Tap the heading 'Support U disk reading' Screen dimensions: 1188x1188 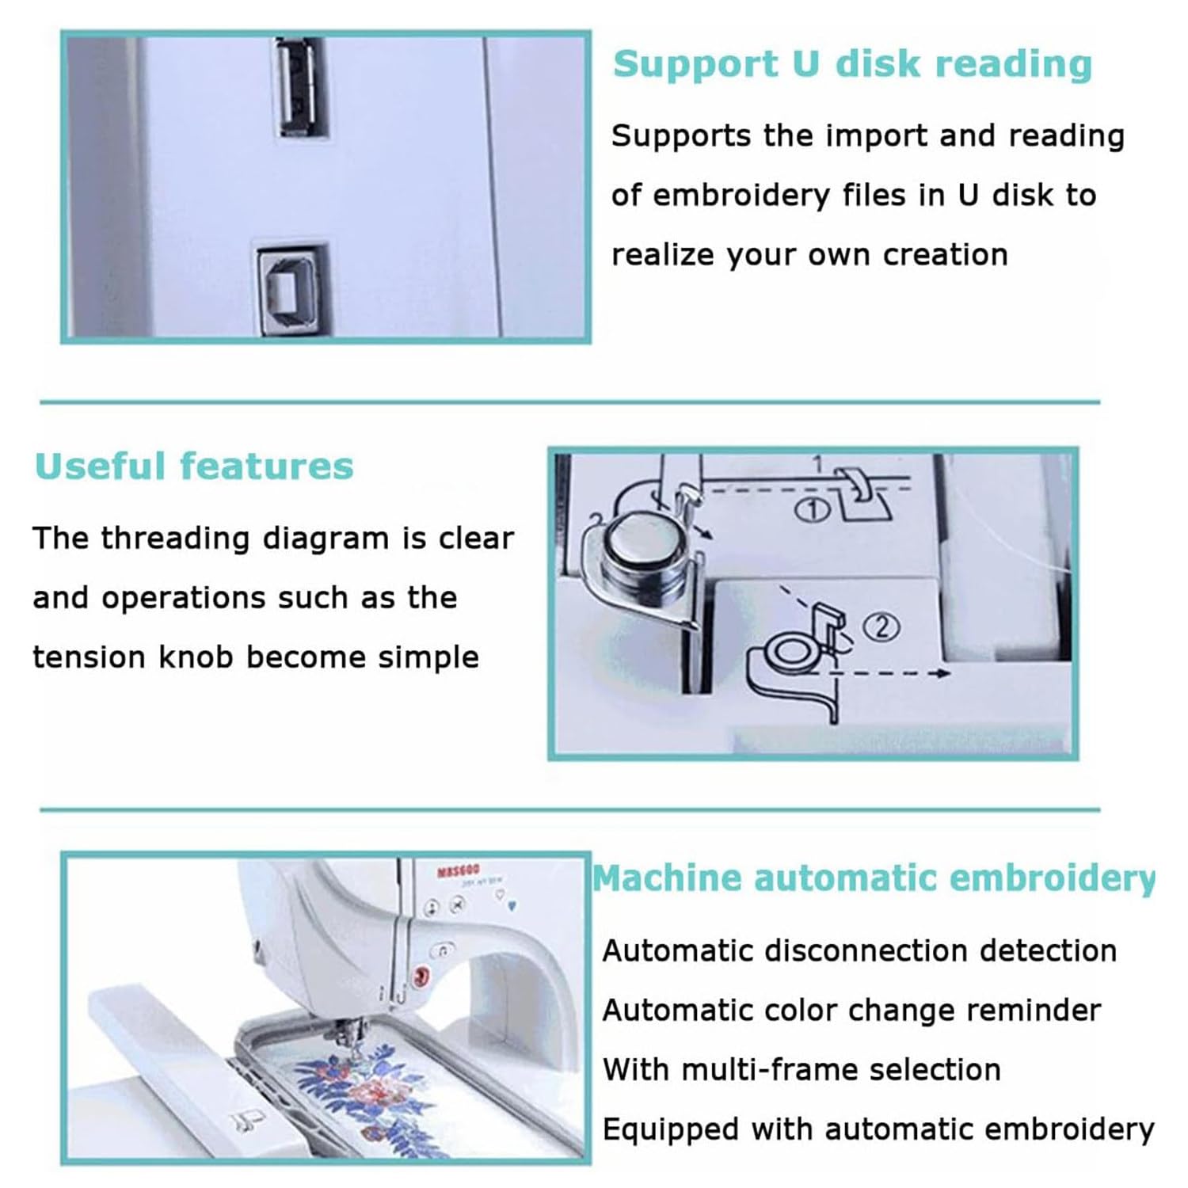pyautogui.click(x=852, y=63)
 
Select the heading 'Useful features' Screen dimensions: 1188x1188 pyautogui.click(x=194, y=466)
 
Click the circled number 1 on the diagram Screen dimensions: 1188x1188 pyautogui.click(x=812, y=510)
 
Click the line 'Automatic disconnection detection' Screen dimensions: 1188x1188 pyautogui.click(x=860, y=950)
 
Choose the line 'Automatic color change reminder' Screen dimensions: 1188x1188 pyautogui.click(x=852, y=1011)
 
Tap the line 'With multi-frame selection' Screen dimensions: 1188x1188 pyautogui.click(x=802, y=1069)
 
